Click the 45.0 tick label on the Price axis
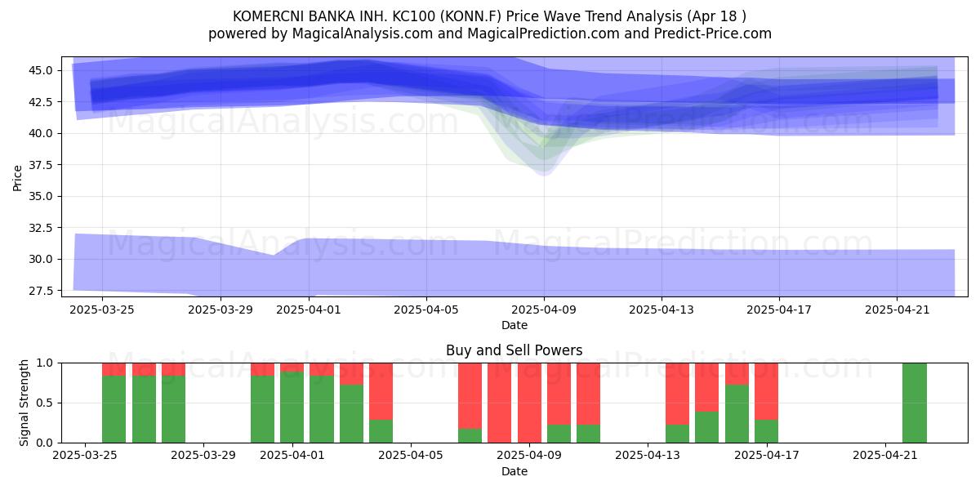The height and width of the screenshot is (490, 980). pyautogui.click(x=40, y=70)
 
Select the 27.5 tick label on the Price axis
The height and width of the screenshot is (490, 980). pyautogui.click(x=40, y=291)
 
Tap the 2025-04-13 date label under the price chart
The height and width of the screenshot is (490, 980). pyautogui.click(x=661, y=310)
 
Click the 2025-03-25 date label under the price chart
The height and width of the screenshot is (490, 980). pyautogui.click(x=102, y=310)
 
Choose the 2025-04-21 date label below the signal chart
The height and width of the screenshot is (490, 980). pyautogui.click(x=885, y=456)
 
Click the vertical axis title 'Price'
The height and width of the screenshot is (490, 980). pyautogui.click(x=17, y=178)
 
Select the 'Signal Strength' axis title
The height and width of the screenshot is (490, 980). pyautogui.click(x=24, y=403)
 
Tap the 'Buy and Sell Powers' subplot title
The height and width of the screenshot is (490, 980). pyautogui.click(x=514, y=350)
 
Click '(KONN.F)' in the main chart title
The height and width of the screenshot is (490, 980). pyautogui.click(x=470, y=16)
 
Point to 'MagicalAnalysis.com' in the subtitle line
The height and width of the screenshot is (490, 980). pyautogui.click(x=363, y=33)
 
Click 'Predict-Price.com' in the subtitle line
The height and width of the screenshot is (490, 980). pyautogui.click(x=713, y=33)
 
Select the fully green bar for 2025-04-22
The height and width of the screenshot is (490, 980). pyautogui.click(x=915, y=403)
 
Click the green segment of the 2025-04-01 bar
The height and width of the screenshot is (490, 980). pyautogui.click(x=292, y=408)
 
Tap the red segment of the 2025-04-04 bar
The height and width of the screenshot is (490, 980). pyautogui.click(x=381, y=391)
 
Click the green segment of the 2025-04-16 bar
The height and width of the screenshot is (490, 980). pyautogui.click(x=737, y=414)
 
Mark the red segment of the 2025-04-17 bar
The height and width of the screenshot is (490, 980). pyautogui.click(x=766, y=391)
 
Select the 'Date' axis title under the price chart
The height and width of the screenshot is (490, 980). pyautogui.click(x=514, y=326)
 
